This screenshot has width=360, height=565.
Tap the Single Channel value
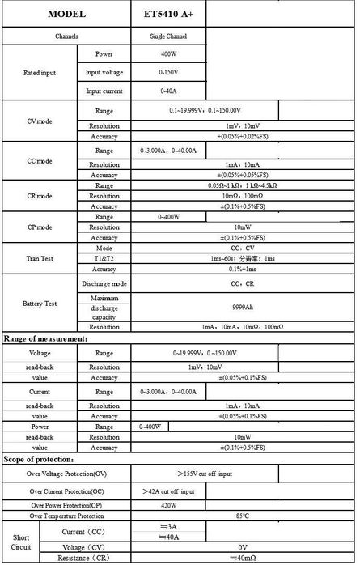tap(167, 36)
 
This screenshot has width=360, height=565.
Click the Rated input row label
tap(40, 72)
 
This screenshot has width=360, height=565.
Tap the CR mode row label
tap(40, 195)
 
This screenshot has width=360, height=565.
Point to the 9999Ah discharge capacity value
tap(243, 308)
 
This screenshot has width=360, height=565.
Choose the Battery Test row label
tap(40, 303)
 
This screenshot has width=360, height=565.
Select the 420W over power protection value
tap(167, 504)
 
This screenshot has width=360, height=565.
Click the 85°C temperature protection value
tap(243, 516)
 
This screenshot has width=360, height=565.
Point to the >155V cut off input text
tap(243, 473)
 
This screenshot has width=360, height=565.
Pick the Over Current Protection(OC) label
tap(66, 491)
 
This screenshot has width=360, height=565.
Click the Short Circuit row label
tap(22, 542)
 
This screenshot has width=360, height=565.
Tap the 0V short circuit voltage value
tap(243, 547)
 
